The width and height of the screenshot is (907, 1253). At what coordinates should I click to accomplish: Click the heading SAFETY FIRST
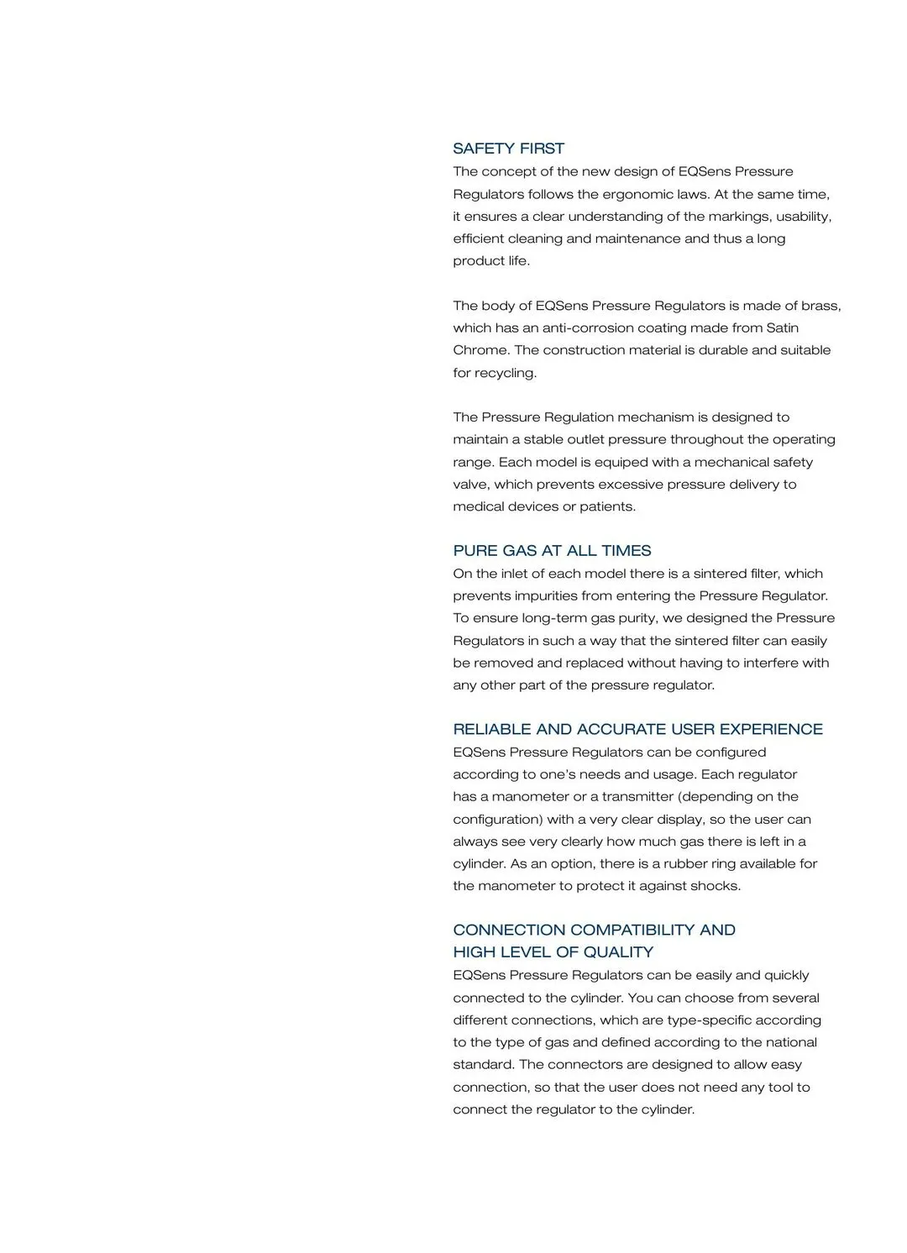click(508, 149)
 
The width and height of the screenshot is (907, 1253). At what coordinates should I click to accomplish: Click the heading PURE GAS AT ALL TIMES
click(552, 551)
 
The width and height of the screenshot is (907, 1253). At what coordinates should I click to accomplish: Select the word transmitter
click(638, 796)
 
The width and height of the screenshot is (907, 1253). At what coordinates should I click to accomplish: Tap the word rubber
click(685, 863)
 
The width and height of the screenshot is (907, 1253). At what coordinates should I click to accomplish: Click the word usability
click(804, 217)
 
